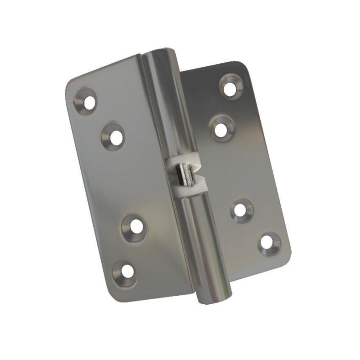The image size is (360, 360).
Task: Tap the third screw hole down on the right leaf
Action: (241, 210)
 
